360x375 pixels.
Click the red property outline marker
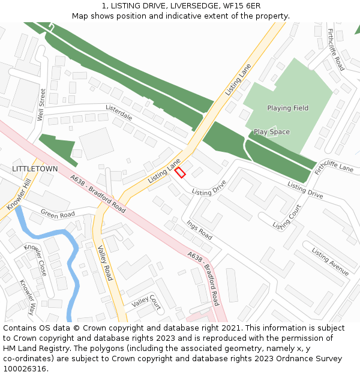[180, 172]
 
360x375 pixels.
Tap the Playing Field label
[288, 108]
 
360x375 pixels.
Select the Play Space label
[271, 132]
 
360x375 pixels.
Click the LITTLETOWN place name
[35, 169]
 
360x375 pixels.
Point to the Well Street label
[41, 105]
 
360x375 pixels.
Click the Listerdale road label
[119, 112]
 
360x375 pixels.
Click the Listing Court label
[287, 217]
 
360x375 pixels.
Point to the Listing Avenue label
[330, 263]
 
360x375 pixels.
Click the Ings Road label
[199, 229]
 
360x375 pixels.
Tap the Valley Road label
[105, 264]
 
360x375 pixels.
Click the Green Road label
[58, 214]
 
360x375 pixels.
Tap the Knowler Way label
[28, 297]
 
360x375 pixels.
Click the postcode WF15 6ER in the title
[246, 6]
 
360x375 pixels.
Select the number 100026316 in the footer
[25, 369]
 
